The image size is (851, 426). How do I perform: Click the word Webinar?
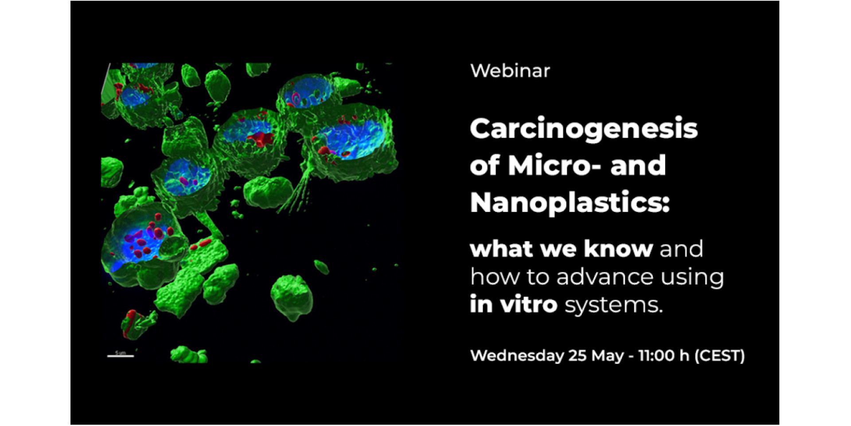point(510,71)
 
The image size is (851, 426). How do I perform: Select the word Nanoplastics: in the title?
point(570,202)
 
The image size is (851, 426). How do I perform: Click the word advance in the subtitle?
point(605,277)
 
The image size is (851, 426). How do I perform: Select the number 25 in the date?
point(578,356)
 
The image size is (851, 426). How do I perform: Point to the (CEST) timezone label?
point(719,356)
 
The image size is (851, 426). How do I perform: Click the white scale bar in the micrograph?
point(120,356)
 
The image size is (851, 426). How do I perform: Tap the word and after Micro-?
point(638,165)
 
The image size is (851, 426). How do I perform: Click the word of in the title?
point(485,165)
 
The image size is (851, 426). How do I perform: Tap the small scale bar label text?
point(120,352)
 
